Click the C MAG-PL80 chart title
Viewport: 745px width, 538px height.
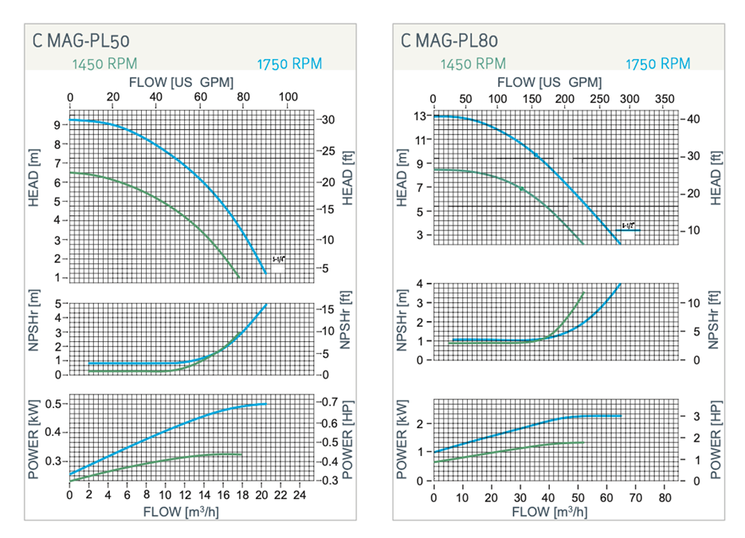(450, 40)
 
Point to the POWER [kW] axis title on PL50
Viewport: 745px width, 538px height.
(33, 437)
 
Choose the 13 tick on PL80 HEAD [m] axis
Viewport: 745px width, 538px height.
(421, 116)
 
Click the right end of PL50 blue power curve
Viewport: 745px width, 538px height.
(265, 404)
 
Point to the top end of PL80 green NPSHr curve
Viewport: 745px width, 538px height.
(584, 292)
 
